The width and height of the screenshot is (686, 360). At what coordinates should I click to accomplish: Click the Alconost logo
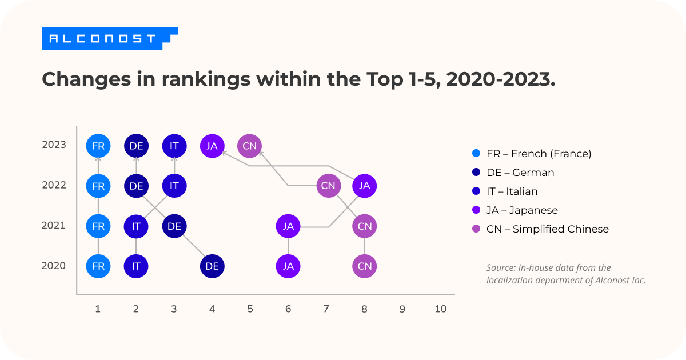coord(109,39)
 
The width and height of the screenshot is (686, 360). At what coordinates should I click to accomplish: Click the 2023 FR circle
coord(98,146)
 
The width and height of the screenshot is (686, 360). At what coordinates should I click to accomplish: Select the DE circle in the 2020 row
coord(212,266)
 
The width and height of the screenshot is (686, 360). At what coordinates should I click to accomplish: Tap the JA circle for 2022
coord(364,186)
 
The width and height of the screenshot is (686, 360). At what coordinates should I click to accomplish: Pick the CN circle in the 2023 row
coord(249,146)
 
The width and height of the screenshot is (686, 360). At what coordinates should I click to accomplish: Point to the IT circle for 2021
coord(136,226)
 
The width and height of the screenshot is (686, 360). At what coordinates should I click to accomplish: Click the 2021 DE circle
coord(174,226)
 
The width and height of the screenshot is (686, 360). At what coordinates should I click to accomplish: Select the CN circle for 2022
coord(328,186)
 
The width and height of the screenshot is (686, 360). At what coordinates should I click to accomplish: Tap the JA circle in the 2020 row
coord(288,266)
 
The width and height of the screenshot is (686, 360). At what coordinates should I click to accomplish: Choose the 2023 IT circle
coord(174,146)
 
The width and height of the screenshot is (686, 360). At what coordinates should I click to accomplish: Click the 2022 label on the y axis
coord(54,185)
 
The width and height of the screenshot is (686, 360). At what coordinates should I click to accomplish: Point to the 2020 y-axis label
coord(54,266)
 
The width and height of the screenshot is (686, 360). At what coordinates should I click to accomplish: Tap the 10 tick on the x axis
coord(440,309)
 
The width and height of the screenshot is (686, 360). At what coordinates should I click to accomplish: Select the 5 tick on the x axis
coord(250,309)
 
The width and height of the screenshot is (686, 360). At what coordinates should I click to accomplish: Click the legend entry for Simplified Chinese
coord(547,229)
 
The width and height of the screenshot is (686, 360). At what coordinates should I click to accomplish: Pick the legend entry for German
coord(520,173)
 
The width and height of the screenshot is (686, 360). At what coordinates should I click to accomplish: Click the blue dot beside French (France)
coord(474,154)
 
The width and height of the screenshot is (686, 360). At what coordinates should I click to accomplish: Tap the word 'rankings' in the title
coord(205,80)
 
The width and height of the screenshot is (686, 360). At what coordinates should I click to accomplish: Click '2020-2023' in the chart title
coord(500,80)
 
